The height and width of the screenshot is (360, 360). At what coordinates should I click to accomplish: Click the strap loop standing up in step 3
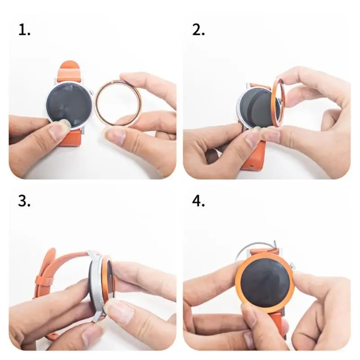(x=47, y=270)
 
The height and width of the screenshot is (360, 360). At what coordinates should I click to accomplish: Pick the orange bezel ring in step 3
(x=107, y=279)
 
